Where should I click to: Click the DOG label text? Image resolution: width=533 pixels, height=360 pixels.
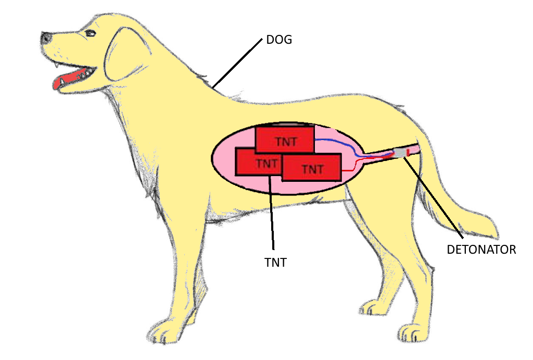279,40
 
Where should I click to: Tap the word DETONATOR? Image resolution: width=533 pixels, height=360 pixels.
481,250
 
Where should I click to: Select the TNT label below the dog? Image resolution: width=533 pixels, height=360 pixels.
275,263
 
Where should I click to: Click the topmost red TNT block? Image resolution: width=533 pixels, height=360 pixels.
285,140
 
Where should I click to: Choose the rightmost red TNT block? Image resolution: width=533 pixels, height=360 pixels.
312,167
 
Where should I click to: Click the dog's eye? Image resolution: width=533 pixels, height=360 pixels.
91,33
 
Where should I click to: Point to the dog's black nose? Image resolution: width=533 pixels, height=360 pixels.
46,38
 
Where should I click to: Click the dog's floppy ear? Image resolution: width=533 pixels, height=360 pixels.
126,54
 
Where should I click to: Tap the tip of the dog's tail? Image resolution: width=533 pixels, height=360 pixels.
497,235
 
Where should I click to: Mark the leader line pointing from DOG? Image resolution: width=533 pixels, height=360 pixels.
237,63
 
